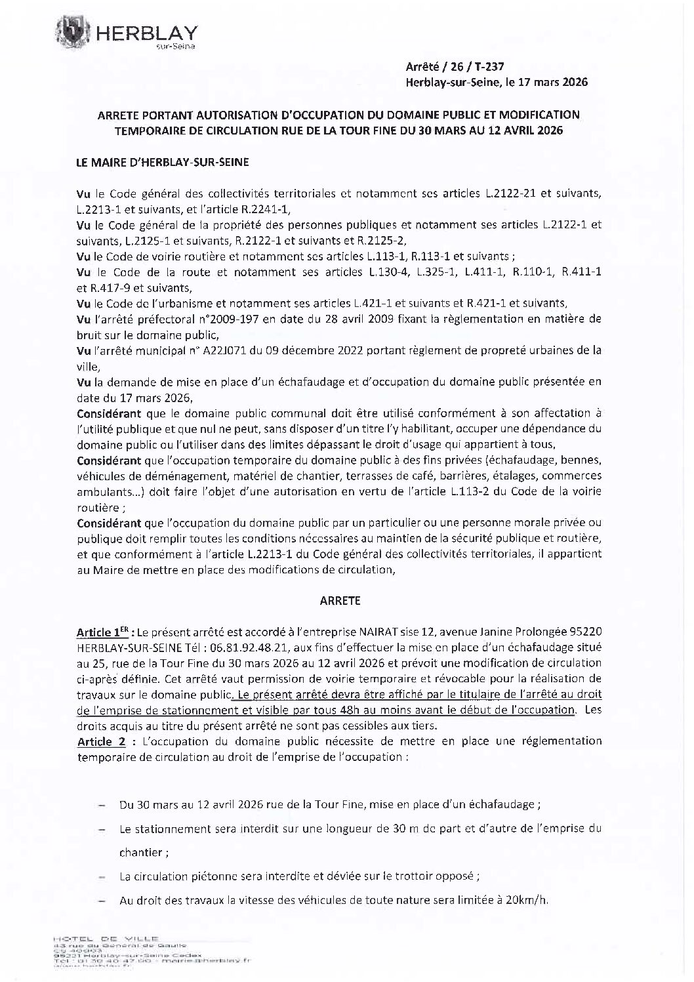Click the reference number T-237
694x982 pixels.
pos(489,66)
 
